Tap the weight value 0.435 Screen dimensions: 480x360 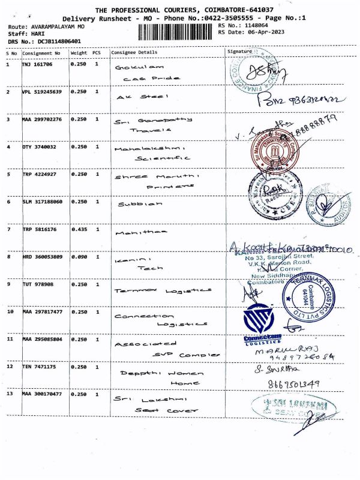point(79,229)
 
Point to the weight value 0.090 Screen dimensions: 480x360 point(79,257)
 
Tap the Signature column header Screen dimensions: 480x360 point(239,52)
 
